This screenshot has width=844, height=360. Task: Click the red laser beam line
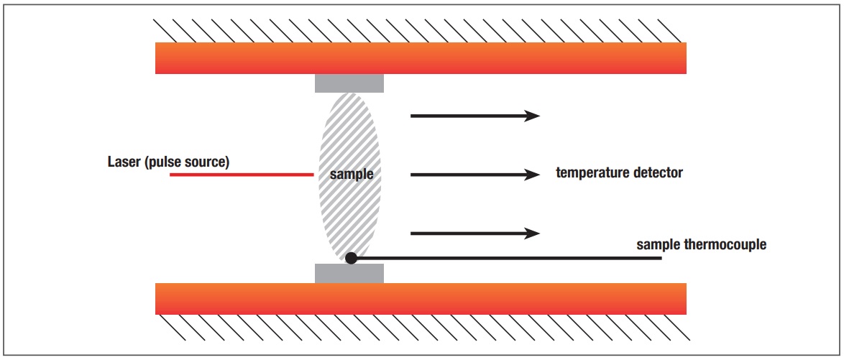(x=242, y=174)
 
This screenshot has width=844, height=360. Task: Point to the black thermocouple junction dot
(x=351, y=257)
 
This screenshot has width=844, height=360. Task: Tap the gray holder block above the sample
(x=349, y=82)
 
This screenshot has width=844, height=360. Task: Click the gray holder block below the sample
(x=349, y=273)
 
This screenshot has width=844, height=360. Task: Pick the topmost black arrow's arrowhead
(x=532, y=115)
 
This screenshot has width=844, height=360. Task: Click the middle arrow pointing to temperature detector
(x=474, y=174)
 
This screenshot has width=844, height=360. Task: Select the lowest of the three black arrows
(x=474, y=233)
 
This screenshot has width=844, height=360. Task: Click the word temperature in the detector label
(x=591, y=172)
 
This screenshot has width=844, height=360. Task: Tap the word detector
(x=657, y=172)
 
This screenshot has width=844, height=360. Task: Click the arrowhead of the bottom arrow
(x=532, y=233)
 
